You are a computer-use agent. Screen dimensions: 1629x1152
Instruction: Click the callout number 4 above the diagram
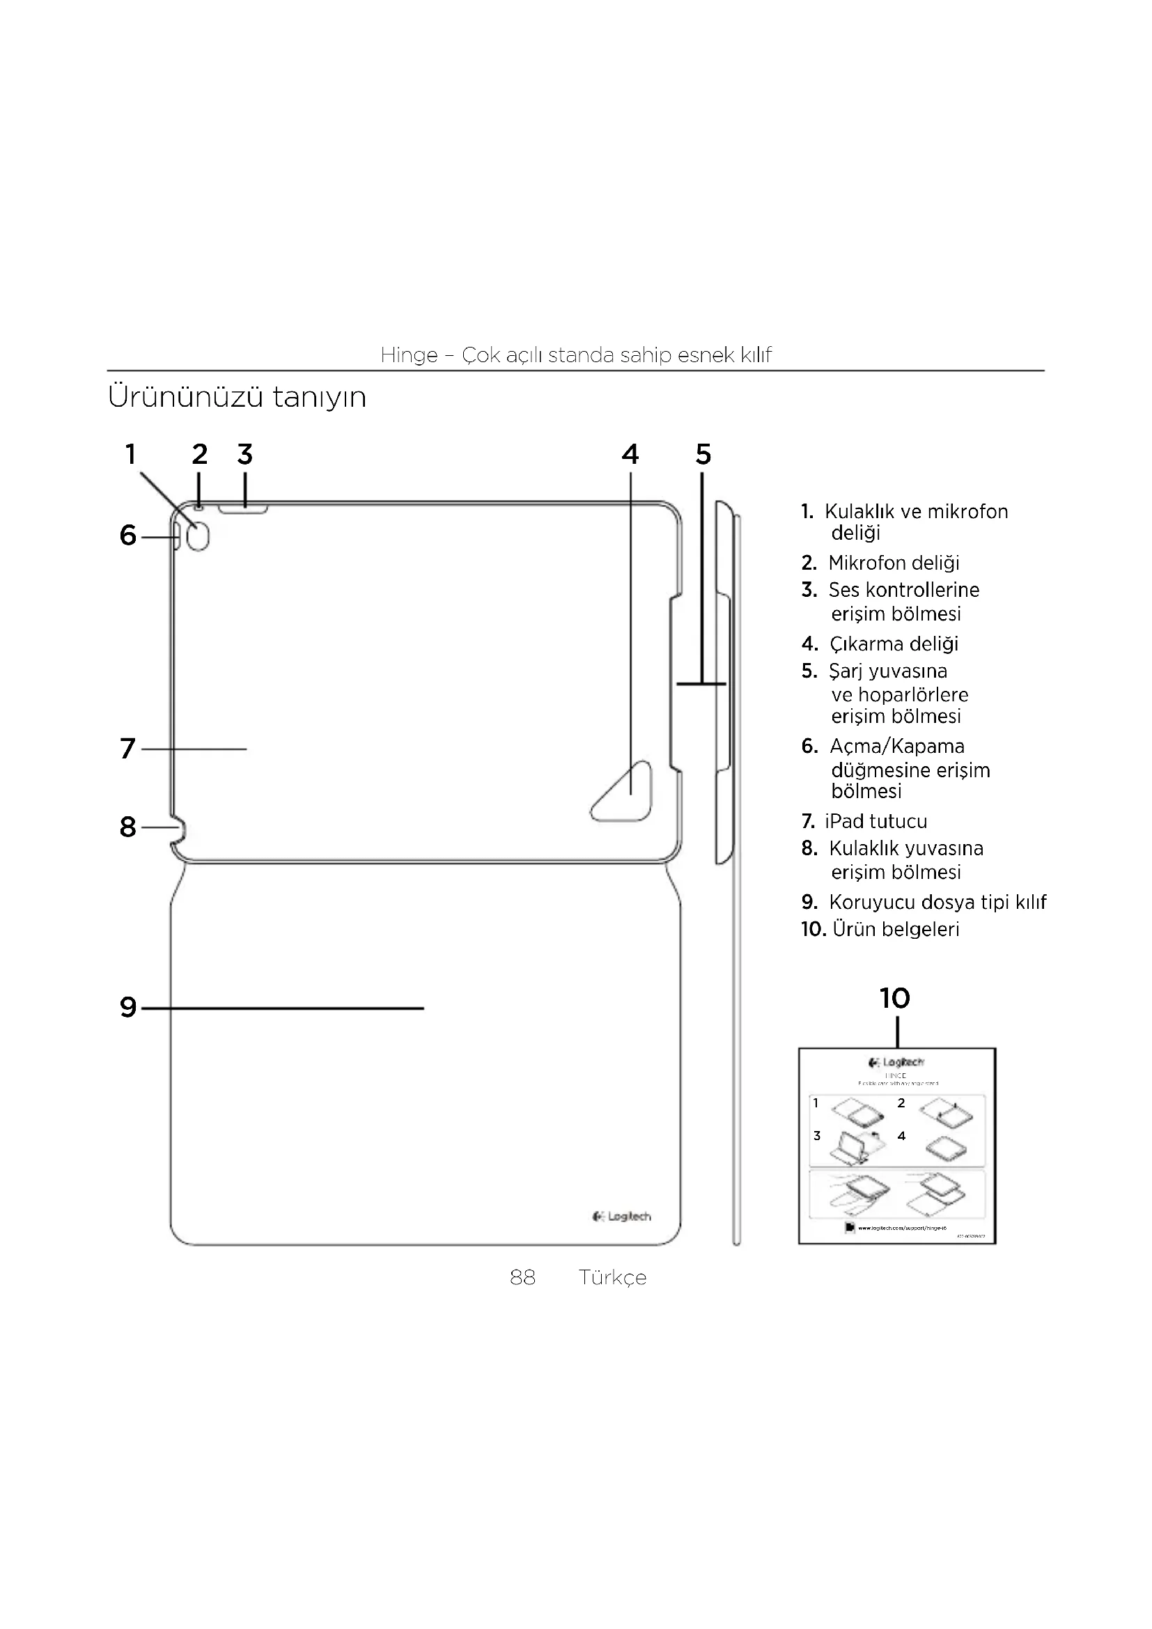pyautogui.click(x=630, y=454)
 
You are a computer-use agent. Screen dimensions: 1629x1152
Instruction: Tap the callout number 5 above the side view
pyautogui.click(x=703, y=454)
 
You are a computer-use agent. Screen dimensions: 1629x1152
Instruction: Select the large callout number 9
pyautogui.click(x=127, y=1007)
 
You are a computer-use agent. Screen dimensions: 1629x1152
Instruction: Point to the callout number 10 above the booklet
pyautogui.click(x=895, y=998)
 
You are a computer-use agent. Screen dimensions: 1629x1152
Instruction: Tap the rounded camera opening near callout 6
pyautogui.click(x=199, y=538)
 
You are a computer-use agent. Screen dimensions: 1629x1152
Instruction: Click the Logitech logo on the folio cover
pyautogui.click(x=621, y=1217)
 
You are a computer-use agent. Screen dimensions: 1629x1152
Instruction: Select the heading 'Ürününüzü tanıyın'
pyautogui.click(x=237, y=396)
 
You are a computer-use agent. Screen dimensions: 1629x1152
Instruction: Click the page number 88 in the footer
pyautogui.click(x=523, y=1277)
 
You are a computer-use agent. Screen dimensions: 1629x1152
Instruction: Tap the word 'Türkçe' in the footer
pyautogui.click(x=612, y=1277)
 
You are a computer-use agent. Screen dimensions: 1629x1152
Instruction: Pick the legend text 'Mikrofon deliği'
pyautogui.click(x=893, y=563)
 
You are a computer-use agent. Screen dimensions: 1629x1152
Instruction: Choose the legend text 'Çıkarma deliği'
pyautogui.click(x=893, y=644)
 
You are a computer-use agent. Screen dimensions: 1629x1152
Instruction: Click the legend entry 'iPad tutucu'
pyautogui.click(x=875, y=821)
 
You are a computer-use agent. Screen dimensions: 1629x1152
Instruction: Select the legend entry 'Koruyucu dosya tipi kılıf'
pyautogui.click(x=937, y=902)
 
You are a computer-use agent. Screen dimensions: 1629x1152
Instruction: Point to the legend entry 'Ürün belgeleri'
pyautogui.click(x=895, y=929)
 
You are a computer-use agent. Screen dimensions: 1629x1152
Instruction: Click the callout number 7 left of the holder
pyautogui.click(x=127, y=749)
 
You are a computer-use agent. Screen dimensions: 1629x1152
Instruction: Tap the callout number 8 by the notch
pyautogui.click(x=127, y=827)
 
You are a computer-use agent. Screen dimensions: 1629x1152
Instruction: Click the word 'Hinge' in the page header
pyautogui.click(x=409, y=354)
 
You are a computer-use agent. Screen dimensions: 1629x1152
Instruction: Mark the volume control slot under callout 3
pyautogui.click(x=243, y=508)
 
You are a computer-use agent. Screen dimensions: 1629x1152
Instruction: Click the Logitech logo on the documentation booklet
pyautogui.click(x=896, y=1062)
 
